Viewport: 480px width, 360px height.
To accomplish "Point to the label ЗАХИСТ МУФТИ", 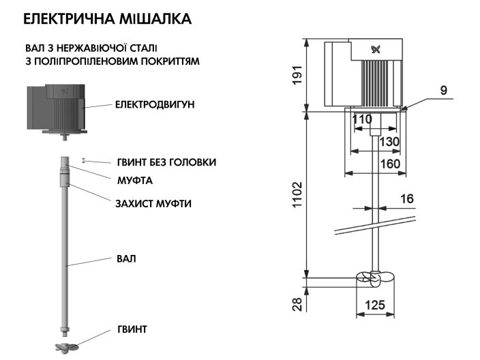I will tap(153, 203).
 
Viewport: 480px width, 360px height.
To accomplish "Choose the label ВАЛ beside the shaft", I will tap(126, 259).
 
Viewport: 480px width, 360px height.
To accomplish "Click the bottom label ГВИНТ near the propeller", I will tap(132, 329).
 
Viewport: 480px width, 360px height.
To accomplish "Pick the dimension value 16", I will tap(406, 198).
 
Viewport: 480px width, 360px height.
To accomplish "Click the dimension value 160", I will tap(390, 164).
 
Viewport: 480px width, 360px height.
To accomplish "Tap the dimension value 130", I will tap(389, 141).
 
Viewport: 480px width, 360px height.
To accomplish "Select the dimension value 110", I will tap(362, 119).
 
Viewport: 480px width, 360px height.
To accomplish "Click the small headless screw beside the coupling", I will tap(83, 160).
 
